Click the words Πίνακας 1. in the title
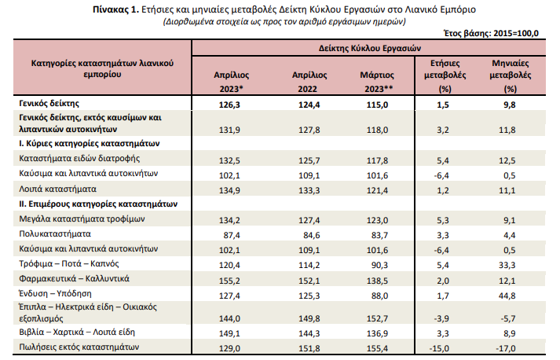pyautogui.click(x=115, y=9)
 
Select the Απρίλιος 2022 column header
pyautogui.click(x=309, y=82)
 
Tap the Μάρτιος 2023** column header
pyautogui.click(x=378, y=82)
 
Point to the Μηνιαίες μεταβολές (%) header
pyautogui.click(x=510, y=75)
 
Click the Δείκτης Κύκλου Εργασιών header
pyautogui.click(x=370, y=48)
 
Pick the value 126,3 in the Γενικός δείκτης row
pyautogui.click(x=229, y=105)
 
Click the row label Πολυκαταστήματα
pyautogui.click(x=55, y=233)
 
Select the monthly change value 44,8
pyautogui.click(x=507, y=296)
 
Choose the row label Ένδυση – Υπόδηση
pyautogui.click(x=55, y=293)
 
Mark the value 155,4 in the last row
pyautogui.click(x=377, y=348)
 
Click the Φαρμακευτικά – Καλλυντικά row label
pyautogui.click(x=74, y=278)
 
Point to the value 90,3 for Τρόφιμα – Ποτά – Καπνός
pyautogui.click(x=379, y=265)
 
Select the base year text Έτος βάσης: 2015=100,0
pyautogui.click(x=491, y=33)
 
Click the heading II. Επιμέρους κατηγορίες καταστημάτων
pyautogui.click(x=98, y=204)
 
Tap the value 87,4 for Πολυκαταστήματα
pyautogui.click(x=232, y=235)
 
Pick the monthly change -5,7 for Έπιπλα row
pyautogui.click(x=508, y=318)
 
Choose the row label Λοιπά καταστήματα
pyautogui.click(x=57, y=189)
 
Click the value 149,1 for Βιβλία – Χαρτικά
pyautogui.click(x=229, y=333)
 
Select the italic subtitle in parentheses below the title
pyautogui.click(x=284, y=21)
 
